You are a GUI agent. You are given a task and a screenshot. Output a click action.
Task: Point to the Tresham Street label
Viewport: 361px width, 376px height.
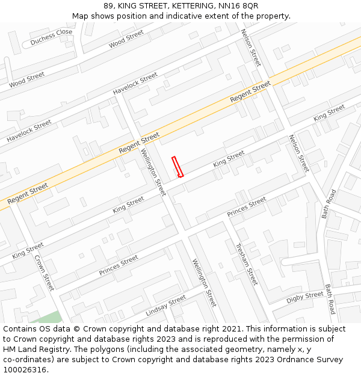coord(246,264)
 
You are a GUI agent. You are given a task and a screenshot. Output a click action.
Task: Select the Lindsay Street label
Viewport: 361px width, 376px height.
coord(165,306)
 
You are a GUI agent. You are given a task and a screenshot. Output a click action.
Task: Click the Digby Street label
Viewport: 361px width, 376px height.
coord(304,297)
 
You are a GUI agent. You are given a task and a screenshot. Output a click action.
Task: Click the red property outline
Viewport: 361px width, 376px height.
coord(177,167)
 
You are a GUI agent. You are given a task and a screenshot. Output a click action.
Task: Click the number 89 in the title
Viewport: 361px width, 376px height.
coord(108,5)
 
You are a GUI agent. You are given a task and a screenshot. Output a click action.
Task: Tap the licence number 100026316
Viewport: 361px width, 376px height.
coord(25,370)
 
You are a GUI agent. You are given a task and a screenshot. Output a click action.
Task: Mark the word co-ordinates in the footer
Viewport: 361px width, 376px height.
coord(26,360)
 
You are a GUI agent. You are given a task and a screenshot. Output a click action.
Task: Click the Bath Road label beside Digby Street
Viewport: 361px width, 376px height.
coord(330,300)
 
